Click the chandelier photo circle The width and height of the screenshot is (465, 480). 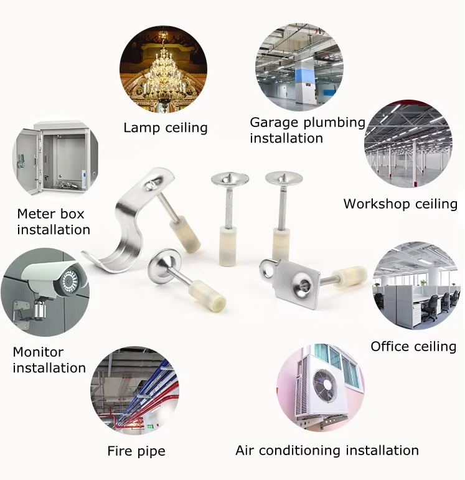pos(164,70)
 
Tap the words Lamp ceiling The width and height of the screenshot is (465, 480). pos(166,128)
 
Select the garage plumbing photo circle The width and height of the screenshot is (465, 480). pos(299,67)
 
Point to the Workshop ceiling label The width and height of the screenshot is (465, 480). pos(400,204)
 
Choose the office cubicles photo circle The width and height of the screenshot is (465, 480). pos(416,286)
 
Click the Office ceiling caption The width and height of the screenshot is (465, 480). pos(413,347)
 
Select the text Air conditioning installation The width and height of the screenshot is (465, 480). pos(327,451)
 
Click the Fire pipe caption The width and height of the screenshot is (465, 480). pos(136,451)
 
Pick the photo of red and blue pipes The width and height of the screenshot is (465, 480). pos(134,390)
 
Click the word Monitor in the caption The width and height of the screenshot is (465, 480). pos(38,352)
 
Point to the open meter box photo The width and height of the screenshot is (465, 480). pos(55,159)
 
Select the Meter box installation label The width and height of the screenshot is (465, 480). pos(54,222)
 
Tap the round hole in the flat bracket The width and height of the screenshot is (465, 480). pos(269,270)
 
